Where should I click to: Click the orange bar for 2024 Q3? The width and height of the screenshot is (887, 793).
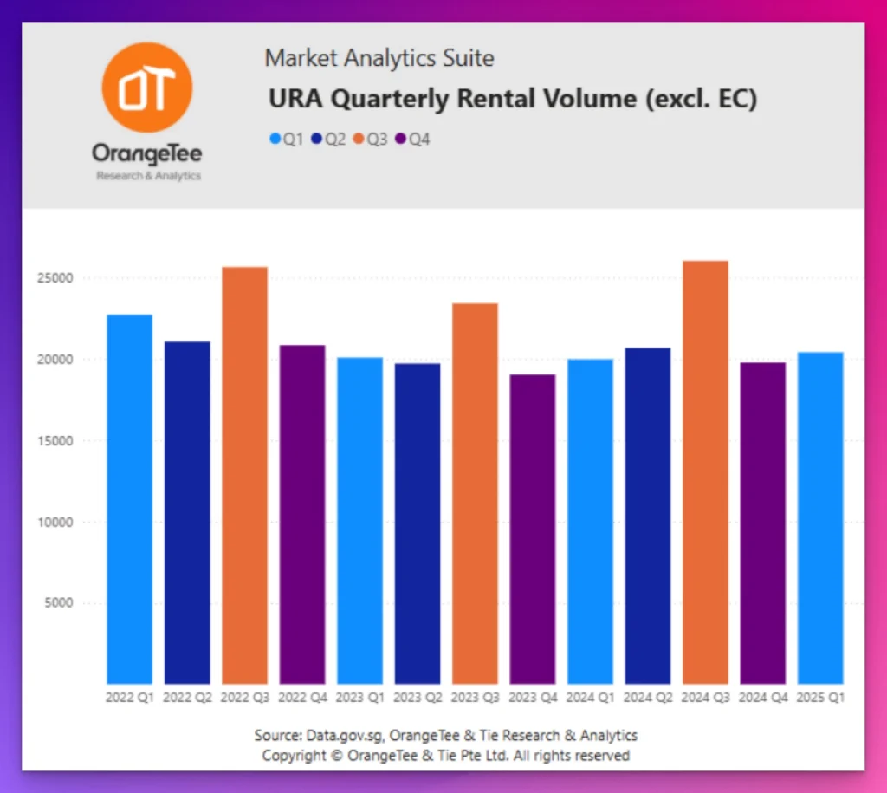pyautogui.click(x=705, y=472)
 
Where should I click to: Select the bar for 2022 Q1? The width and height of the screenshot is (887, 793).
pyautogui.click(x=129, y=499)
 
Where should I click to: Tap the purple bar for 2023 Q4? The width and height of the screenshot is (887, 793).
pyautogui.click(x=533, y=529)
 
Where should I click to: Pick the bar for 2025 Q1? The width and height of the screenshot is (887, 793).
pyautogui.click(x=820, y=517)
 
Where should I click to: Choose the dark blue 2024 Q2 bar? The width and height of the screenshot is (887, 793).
pyautogui.click(x=648, y=516)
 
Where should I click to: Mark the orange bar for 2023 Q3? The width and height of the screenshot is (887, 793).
pyautogui.click(x=475, y=493)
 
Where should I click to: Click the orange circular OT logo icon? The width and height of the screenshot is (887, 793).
pyautogui.click(x=146, y=87)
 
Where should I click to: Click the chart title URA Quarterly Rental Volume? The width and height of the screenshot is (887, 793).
pyautogui.click(x=513, y=100)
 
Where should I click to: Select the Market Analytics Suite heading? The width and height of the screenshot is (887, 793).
pyautogui.click(x=379, y=59)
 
